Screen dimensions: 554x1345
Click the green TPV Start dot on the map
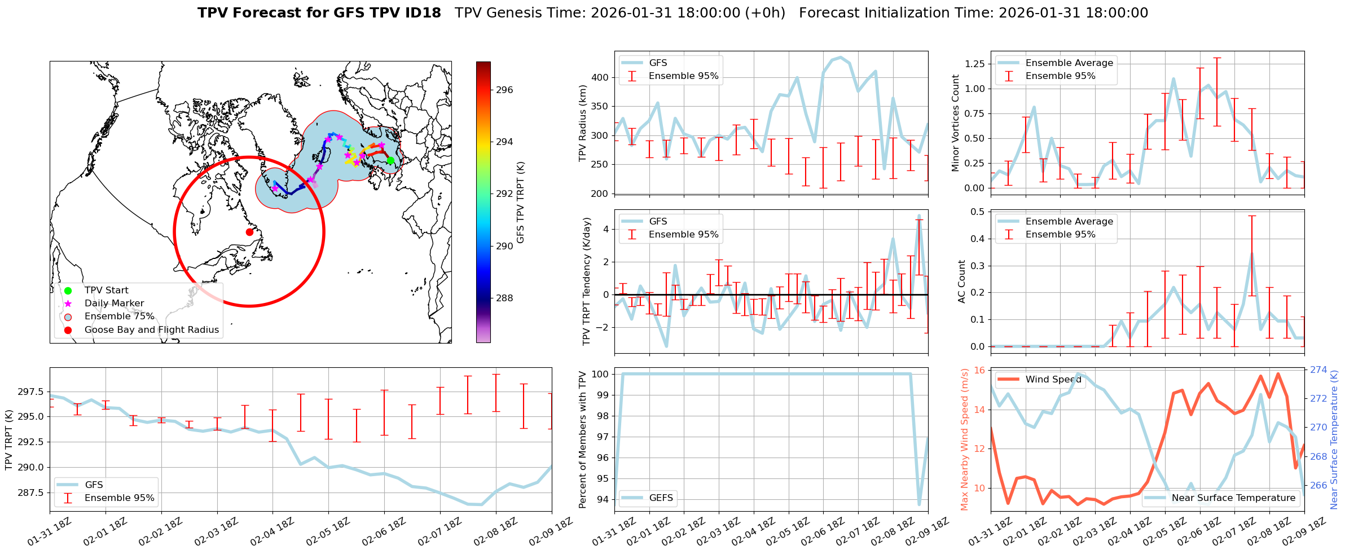[x=390, y=161]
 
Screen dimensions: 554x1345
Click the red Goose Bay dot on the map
[x=249, y=232]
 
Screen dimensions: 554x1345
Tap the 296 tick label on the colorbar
[x=504, y=90]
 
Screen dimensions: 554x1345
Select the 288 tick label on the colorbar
[x=504, y=298]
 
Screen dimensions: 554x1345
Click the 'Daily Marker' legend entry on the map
[x=114, y=304]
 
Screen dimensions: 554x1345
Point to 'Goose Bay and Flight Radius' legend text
[x=151, y=330]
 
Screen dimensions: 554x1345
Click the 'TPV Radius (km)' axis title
[x=583, y=123]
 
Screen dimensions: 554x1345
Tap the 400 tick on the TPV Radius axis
[x=601, y=77]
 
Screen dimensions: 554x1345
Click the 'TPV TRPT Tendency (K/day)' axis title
[x=587, y=281]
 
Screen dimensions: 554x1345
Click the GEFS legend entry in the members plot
[x=661, y=498]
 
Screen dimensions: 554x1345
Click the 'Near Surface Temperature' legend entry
[x=1233, y=498]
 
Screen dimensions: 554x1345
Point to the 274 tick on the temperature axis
[x=1318, y=370]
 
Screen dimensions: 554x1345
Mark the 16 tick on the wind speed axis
[x=979, y=371]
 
